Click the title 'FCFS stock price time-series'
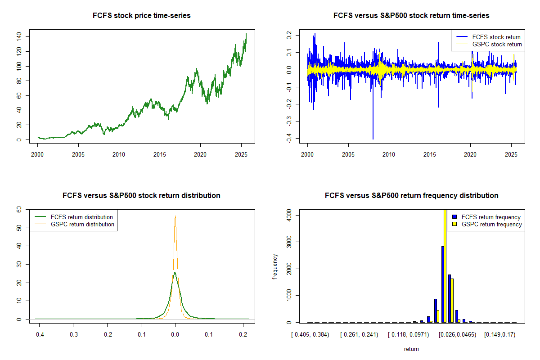141,16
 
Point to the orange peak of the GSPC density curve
175,217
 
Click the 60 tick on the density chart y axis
19,209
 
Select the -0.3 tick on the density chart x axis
73,335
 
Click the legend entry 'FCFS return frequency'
491,217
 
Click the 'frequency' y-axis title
275,266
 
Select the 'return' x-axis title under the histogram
411,349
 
